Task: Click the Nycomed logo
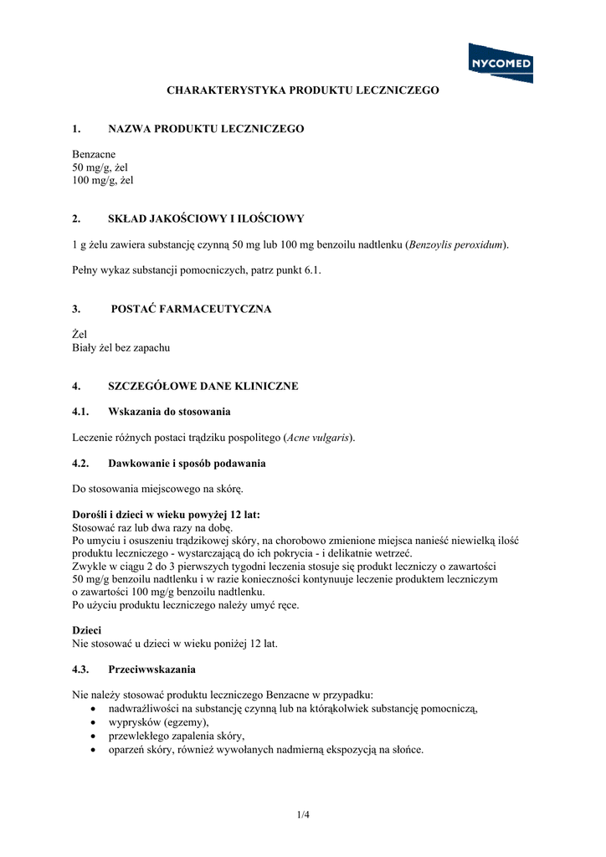coord(501,63)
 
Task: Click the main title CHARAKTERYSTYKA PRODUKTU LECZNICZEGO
coord(303,90)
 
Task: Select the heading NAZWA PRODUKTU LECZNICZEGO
coord(206,129)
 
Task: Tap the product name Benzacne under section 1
coord(94,155)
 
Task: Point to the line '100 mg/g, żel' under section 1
coord(103,180)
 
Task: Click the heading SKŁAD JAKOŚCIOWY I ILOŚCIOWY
coord(206,218)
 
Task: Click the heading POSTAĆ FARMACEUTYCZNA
coord(191,309)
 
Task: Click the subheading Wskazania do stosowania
coord(169,412)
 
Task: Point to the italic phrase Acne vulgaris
coord(318,438)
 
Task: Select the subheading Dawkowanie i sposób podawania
coord(187,463)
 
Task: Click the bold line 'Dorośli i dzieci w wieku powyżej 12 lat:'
coord(172,515)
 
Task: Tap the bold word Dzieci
coord(87,630)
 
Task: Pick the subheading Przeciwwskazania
coord(151,670)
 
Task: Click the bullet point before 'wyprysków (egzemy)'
coord(92,722)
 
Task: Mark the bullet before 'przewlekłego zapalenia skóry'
coord(92,736)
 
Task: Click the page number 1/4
coord(303,813)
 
